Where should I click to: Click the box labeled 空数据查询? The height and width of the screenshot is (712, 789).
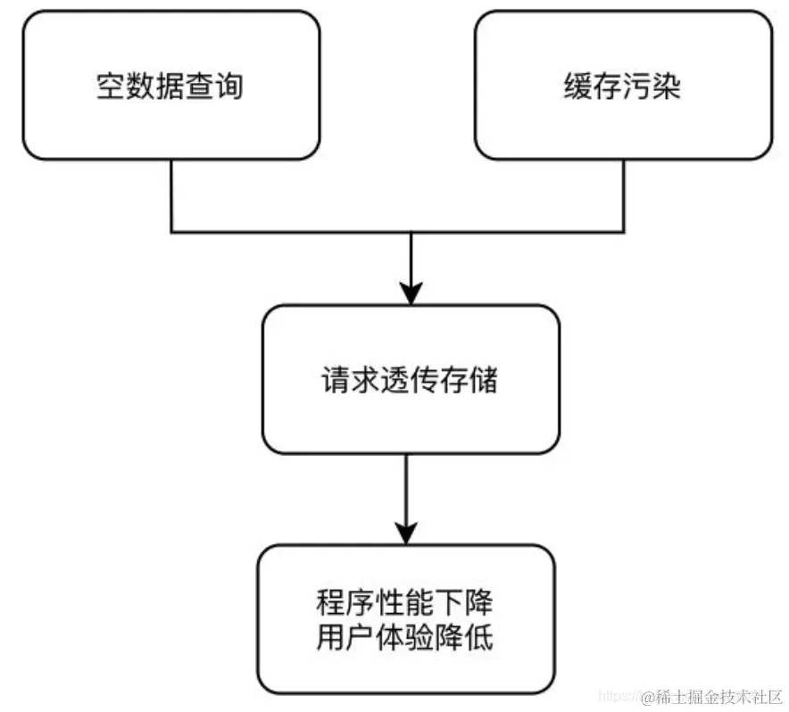(x=170, y=86)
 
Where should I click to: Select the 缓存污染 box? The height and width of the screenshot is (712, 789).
(x=622, y=86)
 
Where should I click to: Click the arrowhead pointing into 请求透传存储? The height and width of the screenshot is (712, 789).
(x=410, y=293)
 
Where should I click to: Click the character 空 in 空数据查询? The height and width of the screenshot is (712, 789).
(x=111, y=87)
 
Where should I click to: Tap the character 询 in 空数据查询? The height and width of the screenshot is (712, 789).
(x=229, y=87)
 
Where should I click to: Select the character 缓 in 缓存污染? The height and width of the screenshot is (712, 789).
(x=577, y=87)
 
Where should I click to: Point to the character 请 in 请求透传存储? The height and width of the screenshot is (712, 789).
(x=336, y=380)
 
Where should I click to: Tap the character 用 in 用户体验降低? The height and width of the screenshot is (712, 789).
(x=330, y=639)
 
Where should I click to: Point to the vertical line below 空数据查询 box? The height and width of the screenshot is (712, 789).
(x=170, y=196)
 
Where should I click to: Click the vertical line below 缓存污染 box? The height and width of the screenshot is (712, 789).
(x=621, y=196)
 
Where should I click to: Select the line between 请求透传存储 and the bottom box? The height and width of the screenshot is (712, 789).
(x=407, y=491)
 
